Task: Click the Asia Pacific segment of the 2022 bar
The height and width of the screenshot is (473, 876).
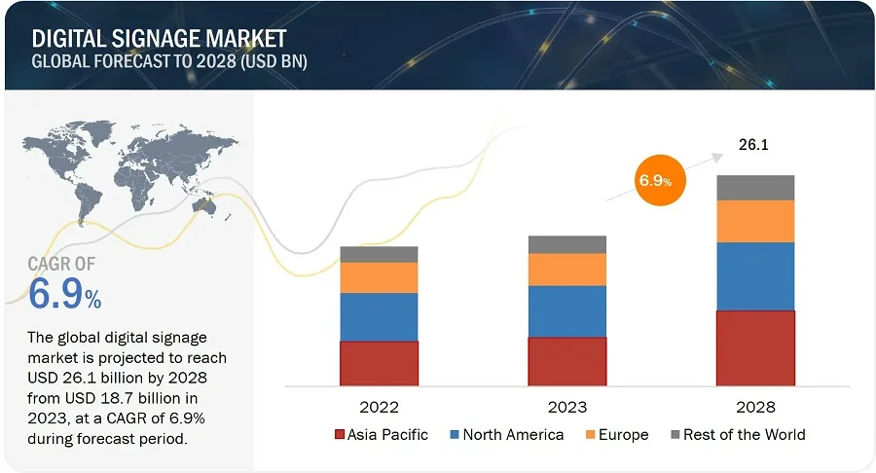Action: [x=379, y=363]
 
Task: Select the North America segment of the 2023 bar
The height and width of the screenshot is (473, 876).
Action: [x=566, y=311]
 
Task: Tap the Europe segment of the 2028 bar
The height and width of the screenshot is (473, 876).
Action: [x=755, y=221]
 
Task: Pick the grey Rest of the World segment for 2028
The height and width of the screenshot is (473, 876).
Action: [x=755, y=188]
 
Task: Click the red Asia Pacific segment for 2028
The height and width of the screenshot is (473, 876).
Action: [x=755, y=347]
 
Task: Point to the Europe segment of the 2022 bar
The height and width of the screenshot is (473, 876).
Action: [x=379, y=277]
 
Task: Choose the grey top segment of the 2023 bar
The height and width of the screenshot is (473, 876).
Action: [x=566, y=244]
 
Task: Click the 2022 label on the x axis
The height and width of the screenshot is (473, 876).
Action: [x=379, y=406]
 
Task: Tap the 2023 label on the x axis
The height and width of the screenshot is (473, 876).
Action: [x=566, y=406]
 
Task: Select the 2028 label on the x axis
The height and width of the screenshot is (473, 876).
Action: [x=755, y=406]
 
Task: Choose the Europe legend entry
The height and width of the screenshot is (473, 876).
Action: [x=614, y=435]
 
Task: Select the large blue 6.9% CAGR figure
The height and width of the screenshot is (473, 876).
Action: [x=64, y=293]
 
